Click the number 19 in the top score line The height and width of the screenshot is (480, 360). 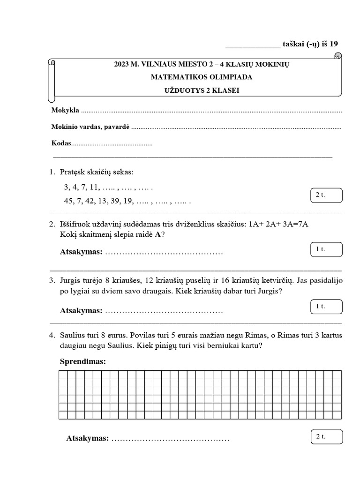pos(333,44)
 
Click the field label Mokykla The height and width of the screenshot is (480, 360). pos(65,112)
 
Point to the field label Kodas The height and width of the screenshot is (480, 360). pos(60,143)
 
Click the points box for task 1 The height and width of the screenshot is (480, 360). pos(326,195)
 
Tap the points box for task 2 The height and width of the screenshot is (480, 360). pos(326,250)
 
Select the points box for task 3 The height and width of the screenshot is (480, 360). pos(326,307)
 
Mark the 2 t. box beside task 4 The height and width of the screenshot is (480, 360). pos(326,436)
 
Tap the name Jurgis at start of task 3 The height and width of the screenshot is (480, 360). pos(71,280)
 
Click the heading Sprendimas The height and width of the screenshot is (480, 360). pos(82,361)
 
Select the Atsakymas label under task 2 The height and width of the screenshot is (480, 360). pos(81,252)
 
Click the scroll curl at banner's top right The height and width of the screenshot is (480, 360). pos(337,56)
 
